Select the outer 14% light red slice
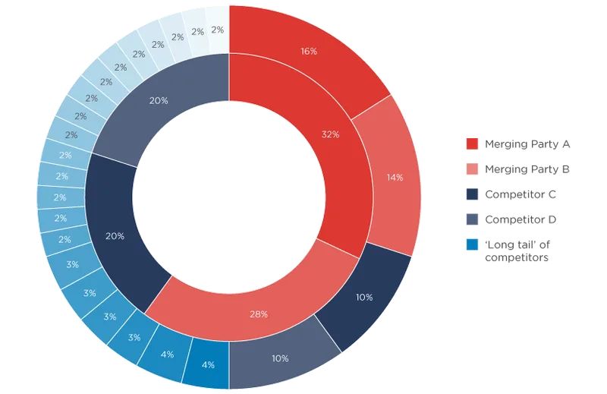(x=393, y=178)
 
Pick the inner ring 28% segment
(x=258, y=312)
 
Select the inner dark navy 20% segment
(x=116, y=235)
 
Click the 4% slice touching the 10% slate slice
(x=206, y=364)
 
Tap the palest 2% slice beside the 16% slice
(x=218, y=29)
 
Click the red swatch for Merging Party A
(x=472, y=143)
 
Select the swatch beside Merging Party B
(x=472, y=169)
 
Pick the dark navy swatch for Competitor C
(x=472, y=194)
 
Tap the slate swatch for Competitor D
(x=472, y=219)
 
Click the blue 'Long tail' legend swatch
(x=472, y=244)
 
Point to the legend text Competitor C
(x=521, y=194)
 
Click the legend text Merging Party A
(x=527, y=143)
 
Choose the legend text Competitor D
(x=521, y=219)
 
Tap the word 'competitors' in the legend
(x=516, y=258)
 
